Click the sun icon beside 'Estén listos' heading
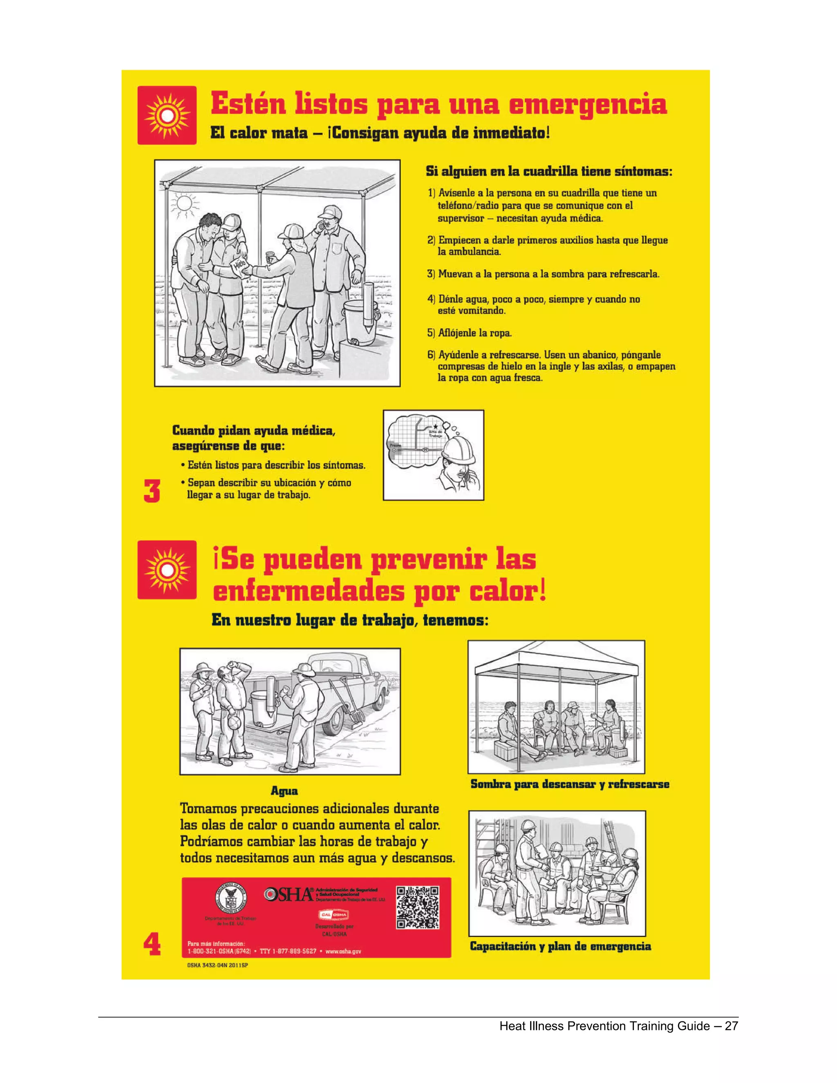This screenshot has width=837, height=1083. (167, 115)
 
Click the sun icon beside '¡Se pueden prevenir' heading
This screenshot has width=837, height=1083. (167, 570)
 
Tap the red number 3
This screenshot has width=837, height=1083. (152, 491)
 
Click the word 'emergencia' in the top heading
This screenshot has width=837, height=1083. (588, 105)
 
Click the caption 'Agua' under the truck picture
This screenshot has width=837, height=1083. (284, 790)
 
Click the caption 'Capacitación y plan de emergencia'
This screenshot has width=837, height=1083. (560, 946)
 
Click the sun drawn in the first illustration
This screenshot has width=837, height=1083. (184, 203)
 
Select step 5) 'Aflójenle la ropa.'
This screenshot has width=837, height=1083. (469, 333)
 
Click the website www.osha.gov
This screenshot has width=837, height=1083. (343, 951)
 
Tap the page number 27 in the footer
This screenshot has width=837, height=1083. (732, 1026)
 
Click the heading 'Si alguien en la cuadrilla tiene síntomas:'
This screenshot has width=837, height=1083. (549, 172)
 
